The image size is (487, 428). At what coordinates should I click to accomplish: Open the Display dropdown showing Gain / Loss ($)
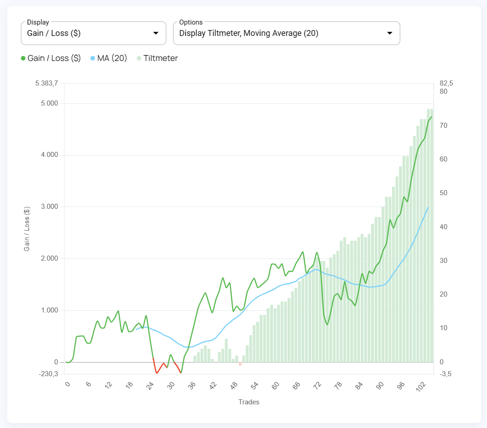coord(93,33)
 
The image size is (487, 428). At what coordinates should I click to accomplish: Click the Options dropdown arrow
coord(389,33)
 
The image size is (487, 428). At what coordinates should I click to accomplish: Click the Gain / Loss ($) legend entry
coord(51,58)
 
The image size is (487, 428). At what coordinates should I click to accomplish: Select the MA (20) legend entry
coord(109,58)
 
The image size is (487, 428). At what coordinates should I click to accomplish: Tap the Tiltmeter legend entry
coord(157,58)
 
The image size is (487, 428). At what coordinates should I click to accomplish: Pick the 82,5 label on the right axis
coord(447,83)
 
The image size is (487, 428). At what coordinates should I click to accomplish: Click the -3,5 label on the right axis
coord(446,374)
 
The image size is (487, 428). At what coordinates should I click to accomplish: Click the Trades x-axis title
coord(248,402)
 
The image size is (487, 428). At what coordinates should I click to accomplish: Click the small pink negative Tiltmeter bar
coord(240,364)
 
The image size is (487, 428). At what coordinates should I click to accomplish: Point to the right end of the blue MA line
coord(428,207)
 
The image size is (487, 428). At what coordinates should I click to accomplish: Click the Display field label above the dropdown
coord(38,22)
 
